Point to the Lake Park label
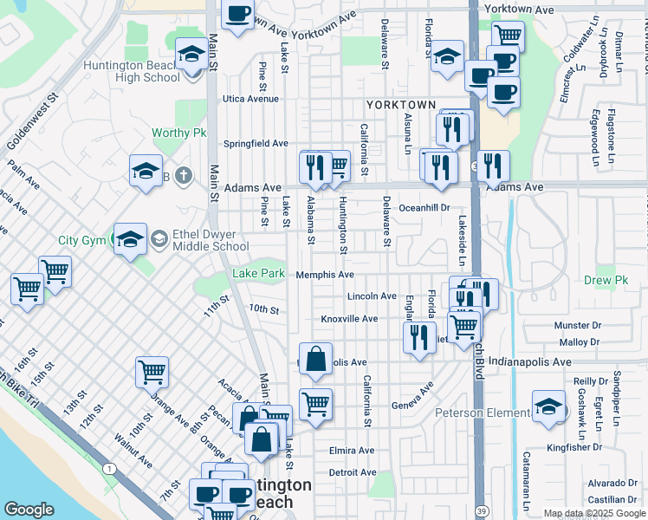click(x=258, y=275)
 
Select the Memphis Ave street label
click(x=325, y=275)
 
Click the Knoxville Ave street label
click(x=349, y=319)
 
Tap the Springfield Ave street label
click(x=256, y=143)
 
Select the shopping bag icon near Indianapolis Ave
click(x=317, y=359)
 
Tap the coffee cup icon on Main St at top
click(x=238, y=15)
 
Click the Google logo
click(x=29, y=510)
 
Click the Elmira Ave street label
click(x=352, y=451)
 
